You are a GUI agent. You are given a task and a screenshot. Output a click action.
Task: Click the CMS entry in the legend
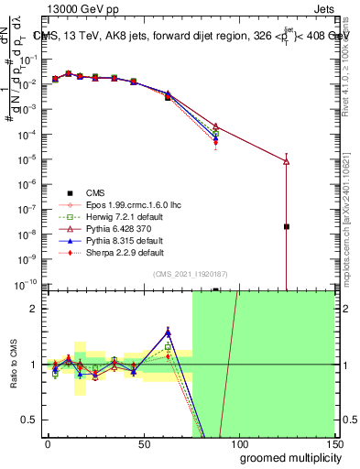click(x=95, y=192)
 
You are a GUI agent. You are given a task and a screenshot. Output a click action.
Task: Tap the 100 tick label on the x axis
click(x=238, y=442)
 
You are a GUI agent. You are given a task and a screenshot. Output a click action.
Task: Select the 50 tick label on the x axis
click(x=144, y=442)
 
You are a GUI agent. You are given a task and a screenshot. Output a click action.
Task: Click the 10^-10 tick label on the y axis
click(x=27, y=285)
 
